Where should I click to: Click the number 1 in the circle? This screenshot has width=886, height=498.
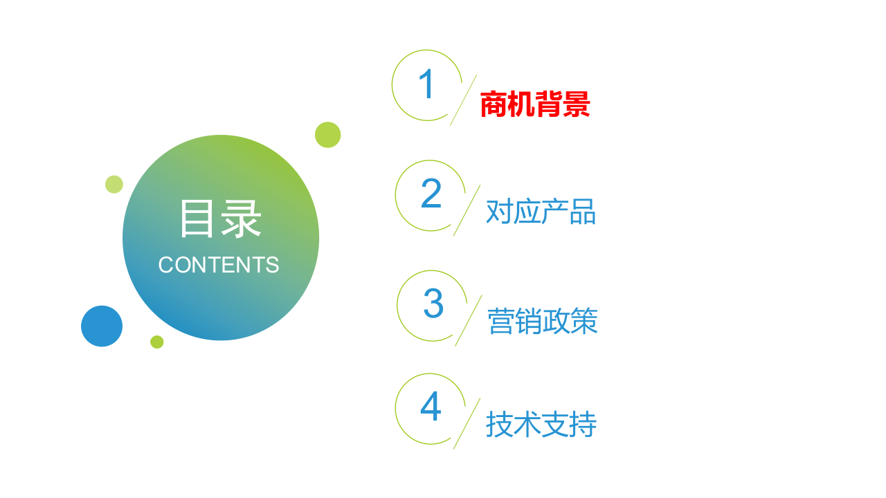point(426,84)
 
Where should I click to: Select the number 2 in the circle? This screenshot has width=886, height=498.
point(431,194)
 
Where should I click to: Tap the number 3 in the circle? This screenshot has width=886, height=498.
point(433,304)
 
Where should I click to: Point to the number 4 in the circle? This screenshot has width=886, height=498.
point(431,407)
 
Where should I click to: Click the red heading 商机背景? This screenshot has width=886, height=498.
point(535,105)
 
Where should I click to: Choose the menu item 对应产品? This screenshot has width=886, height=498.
point(541,212)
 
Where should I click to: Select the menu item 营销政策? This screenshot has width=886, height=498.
point(543,322)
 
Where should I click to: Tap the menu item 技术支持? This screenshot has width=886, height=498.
point(541,425)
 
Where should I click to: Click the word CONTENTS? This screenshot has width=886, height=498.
point(219,265)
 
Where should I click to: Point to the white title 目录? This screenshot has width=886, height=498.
point(220,219)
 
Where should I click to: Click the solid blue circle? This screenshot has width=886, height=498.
point(102,326)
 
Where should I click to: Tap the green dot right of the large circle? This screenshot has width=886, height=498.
point(327,135)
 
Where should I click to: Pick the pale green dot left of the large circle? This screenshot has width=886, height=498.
point(114,185)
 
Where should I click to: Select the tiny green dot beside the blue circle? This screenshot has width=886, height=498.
point(157,342)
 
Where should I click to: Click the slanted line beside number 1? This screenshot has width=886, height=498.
point(463,100)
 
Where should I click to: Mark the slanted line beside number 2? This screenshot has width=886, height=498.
point(467,210)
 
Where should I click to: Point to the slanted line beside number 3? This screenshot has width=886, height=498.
point(469,320)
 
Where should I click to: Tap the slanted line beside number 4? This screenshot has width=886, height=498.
point(467,423)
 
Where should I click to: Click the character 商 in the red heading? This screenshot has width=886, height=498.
point(494,105)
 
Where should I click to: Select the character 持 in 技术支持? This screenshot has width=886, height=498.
point(583,425)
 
